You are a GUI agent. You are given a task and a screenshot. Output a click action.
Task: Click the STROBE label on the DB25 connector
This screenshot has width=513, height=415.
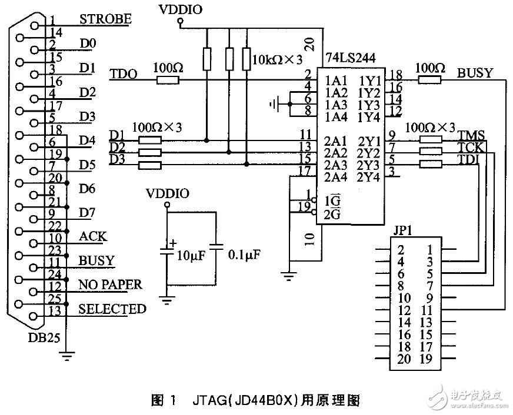(105, 19)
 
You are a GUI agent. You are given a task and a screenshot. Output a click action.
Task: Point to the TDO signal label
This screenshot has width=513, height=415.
(124, 74)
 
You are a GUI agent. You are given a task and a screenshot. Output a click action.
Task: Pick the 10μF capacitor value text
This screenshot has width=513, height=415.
(189, 256)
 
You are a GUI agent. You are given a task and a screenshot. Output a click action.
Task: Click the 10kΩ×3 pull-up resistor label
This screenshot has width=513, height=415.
(277, 59)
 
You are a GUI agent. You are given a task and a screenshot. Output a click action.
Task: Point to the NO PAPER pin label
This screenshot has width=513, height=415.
(110, 285)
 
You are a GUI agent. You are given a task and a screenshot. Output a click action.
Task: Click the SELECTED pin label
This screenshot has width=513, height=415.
(112, 309)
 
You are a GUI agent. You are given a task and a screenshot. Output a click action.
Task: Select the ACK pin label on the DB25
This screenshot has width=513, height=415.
(93, 236)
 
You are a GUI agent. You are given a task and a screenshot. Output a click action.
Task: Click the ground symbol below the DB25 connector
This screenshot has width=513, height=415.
(66, 354)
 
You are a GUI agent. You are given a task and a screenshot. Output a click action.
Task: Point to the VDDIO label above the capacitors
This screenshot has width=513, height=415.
(167, 194)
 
